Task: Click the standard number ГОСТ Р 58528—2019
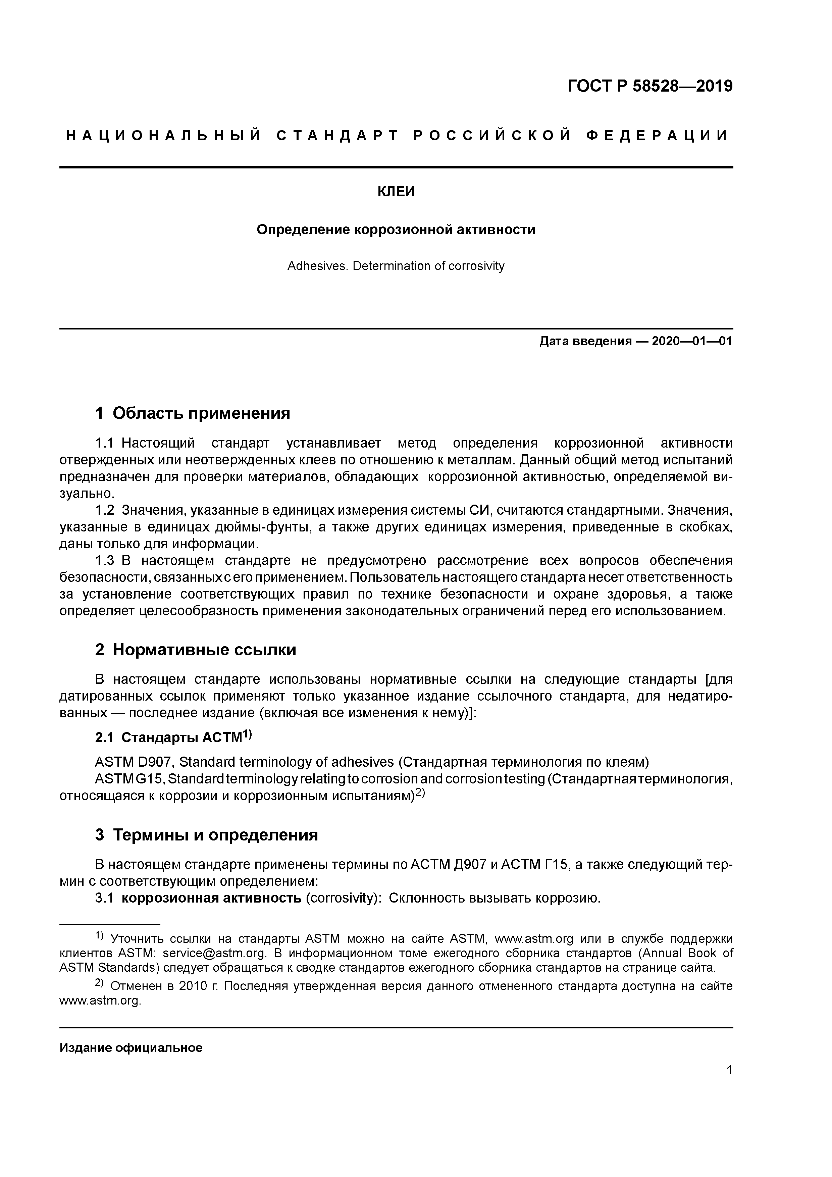coord(650,86)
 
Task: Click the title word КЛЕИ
coord(396,192)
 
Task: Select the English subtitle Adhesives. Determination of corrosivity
coord(396,266)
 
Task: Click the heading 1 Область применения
coord(193,413)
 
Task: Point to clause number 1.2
coord(105,511)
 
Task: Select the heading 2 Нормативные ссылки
coord(196,650)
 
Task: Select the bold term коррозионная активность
coord(211,899)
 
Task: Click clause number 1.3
coord(105,561)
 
